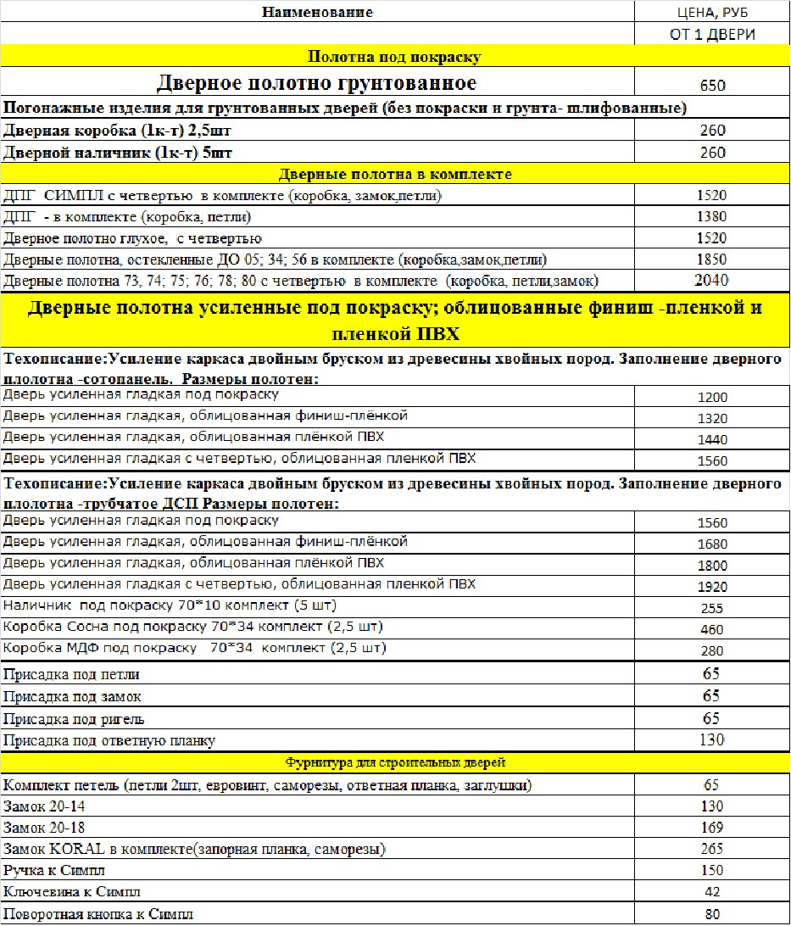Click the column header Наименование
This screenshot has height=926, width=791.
pos(317,12)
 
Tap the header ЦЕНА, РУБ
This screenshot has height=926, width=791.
pos(712,13)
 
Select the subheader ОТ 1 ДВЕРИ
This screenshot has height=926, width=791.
pos(712,35)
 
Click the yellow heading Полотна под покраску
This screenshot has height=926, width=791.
pos(394,58)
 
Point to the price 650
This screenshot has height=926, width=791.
pos(712,86)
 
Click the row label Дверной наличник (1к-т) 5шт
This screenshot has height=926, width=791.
pos(118,153)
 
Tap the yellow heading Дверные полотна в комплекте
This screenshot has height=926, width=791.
pos(395,175)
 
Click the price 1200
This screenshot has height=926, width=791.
pos(712,398)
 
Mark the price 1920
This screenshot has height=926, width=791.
pos(712,588)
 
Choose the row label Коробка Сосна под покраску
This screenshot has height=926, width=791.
pos(193,628)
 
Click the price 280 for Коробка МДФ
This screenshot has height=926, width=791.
pos(712,651)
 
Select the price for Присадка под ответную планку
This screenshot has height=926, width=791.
pos(712,740)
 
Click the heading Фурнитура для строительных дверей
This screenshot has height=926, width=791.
pos(394,762)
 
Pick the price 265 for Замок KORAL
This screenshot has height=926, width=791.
pos(712,849)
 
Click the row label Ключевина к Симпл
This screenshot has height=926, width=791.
pos(72,892)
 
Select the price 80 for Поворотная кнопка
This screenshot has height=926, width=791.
pos(712,914)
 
